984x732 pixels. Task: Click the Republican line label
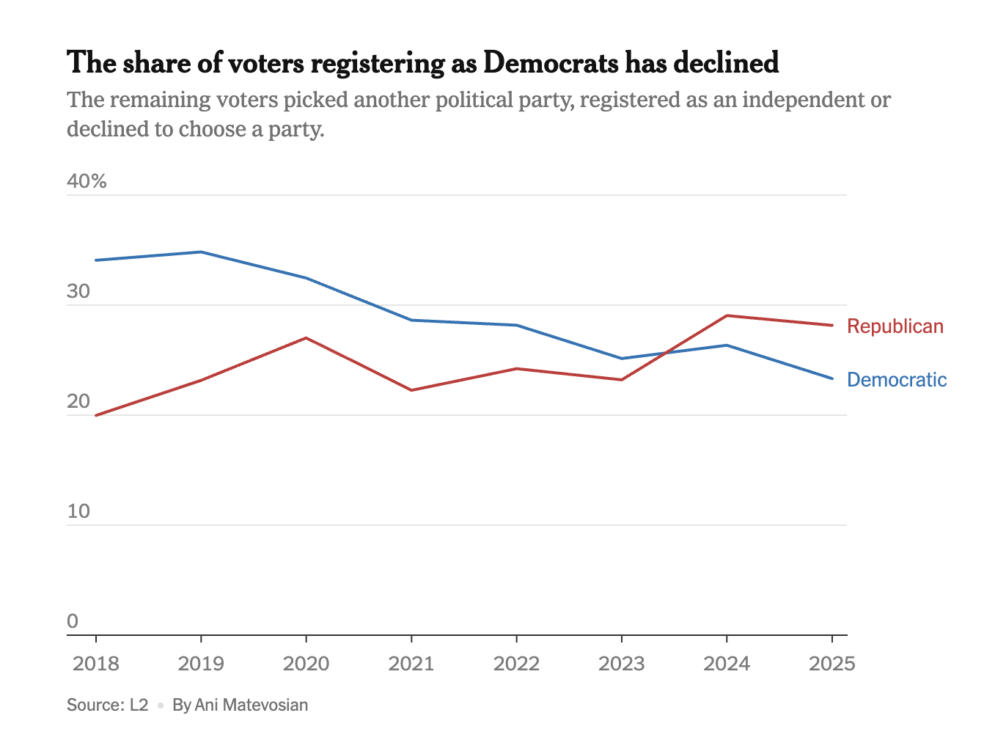point(895,326)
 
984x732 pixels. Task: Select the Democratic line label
point(896,380)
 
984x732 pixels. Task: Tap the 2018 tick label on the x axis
point(96,664)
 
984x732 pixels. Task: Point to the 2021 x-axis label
point(411,664)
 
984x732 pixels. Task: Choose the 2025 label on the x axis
point(831,664)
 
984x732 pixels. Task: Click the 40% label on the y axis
point(87,181)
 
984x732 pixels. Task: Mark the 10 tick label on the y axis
point(78,511)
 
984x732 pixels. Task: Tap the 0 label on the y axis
point(73,621)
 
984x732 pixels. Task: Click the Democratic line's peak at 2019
point(201,252)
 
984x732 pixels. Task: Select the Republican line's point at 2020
point(306,338)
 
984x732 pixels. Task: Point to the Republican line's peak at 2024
point(726,315)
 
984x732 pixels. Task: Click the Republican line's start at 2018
point(96,415)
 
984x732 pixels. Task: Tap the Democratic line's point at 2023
point(621,359)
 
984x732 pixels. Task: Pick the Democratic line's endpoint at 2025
point(831,378)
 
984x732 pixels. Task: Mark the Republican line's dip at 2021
point(411,390)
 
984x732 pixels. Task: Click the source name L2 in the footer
point(139,706)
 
